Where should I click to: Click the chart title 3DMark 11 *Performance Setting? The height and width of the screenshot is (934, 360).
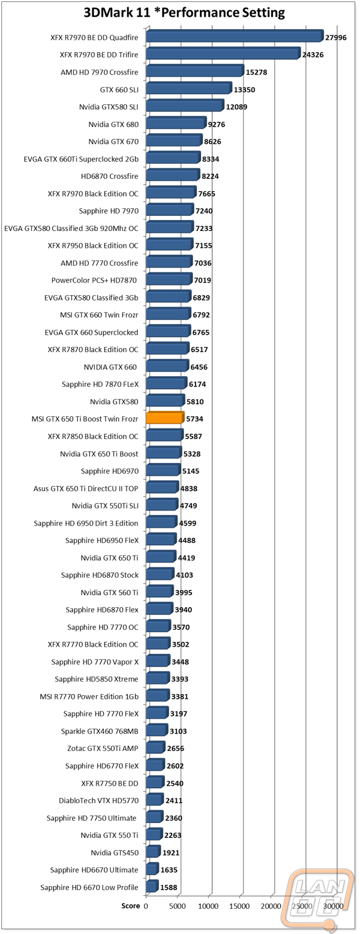point(184,13)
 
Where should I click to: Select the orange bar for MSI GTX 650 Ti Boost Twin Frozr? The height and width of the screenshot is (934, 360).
point(165,418)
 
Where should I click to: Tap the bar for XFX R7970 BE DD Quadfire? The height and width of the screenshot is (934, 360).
point(235,36)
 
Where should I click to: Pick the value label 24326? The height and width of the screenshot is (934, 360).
point(313,55)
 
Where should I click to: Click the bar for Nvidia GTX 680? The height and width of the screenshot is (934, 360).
point(176,124)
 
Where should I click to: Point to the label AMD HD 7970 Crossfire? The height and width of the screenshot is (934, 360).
point(99,72)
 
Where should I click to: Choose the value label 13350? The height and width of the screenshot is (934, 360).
point(244,89)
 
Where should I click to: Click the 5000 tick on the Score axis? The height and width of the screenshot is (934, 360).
point(177,906)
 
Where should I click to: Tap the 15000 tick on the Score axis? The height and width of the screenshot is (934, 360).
point(240,906)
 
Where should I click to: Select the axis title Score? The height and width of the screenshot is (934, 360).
point(131,906)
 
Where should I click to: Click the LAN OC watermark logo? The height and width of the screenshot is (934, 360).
point(317,899)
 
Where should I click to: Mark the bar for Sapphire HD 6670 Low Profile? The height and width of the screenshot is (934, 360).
point(152,887)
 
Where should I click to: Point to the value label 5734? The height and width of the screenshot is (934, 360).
point(195,419)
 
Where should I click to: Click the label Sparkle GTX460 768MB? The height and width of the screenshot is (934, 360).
point(100,731)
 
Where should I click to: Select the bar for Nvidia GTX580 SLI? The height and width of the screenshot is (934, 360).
point(185,106)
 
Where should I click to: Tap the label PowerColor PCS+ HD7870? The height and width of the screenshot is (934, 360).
point(94,280)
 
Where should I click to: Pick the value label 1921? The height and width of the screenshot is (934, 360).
point(170,852)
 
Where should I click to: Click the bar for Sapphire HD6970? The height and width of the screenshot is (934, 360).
point(164,470)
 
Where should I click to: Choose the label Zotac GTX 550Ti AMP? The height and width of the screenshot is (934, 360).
point(103,749)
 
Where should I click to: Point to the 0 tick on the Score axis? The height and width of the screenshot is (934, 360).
point(146,906)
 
